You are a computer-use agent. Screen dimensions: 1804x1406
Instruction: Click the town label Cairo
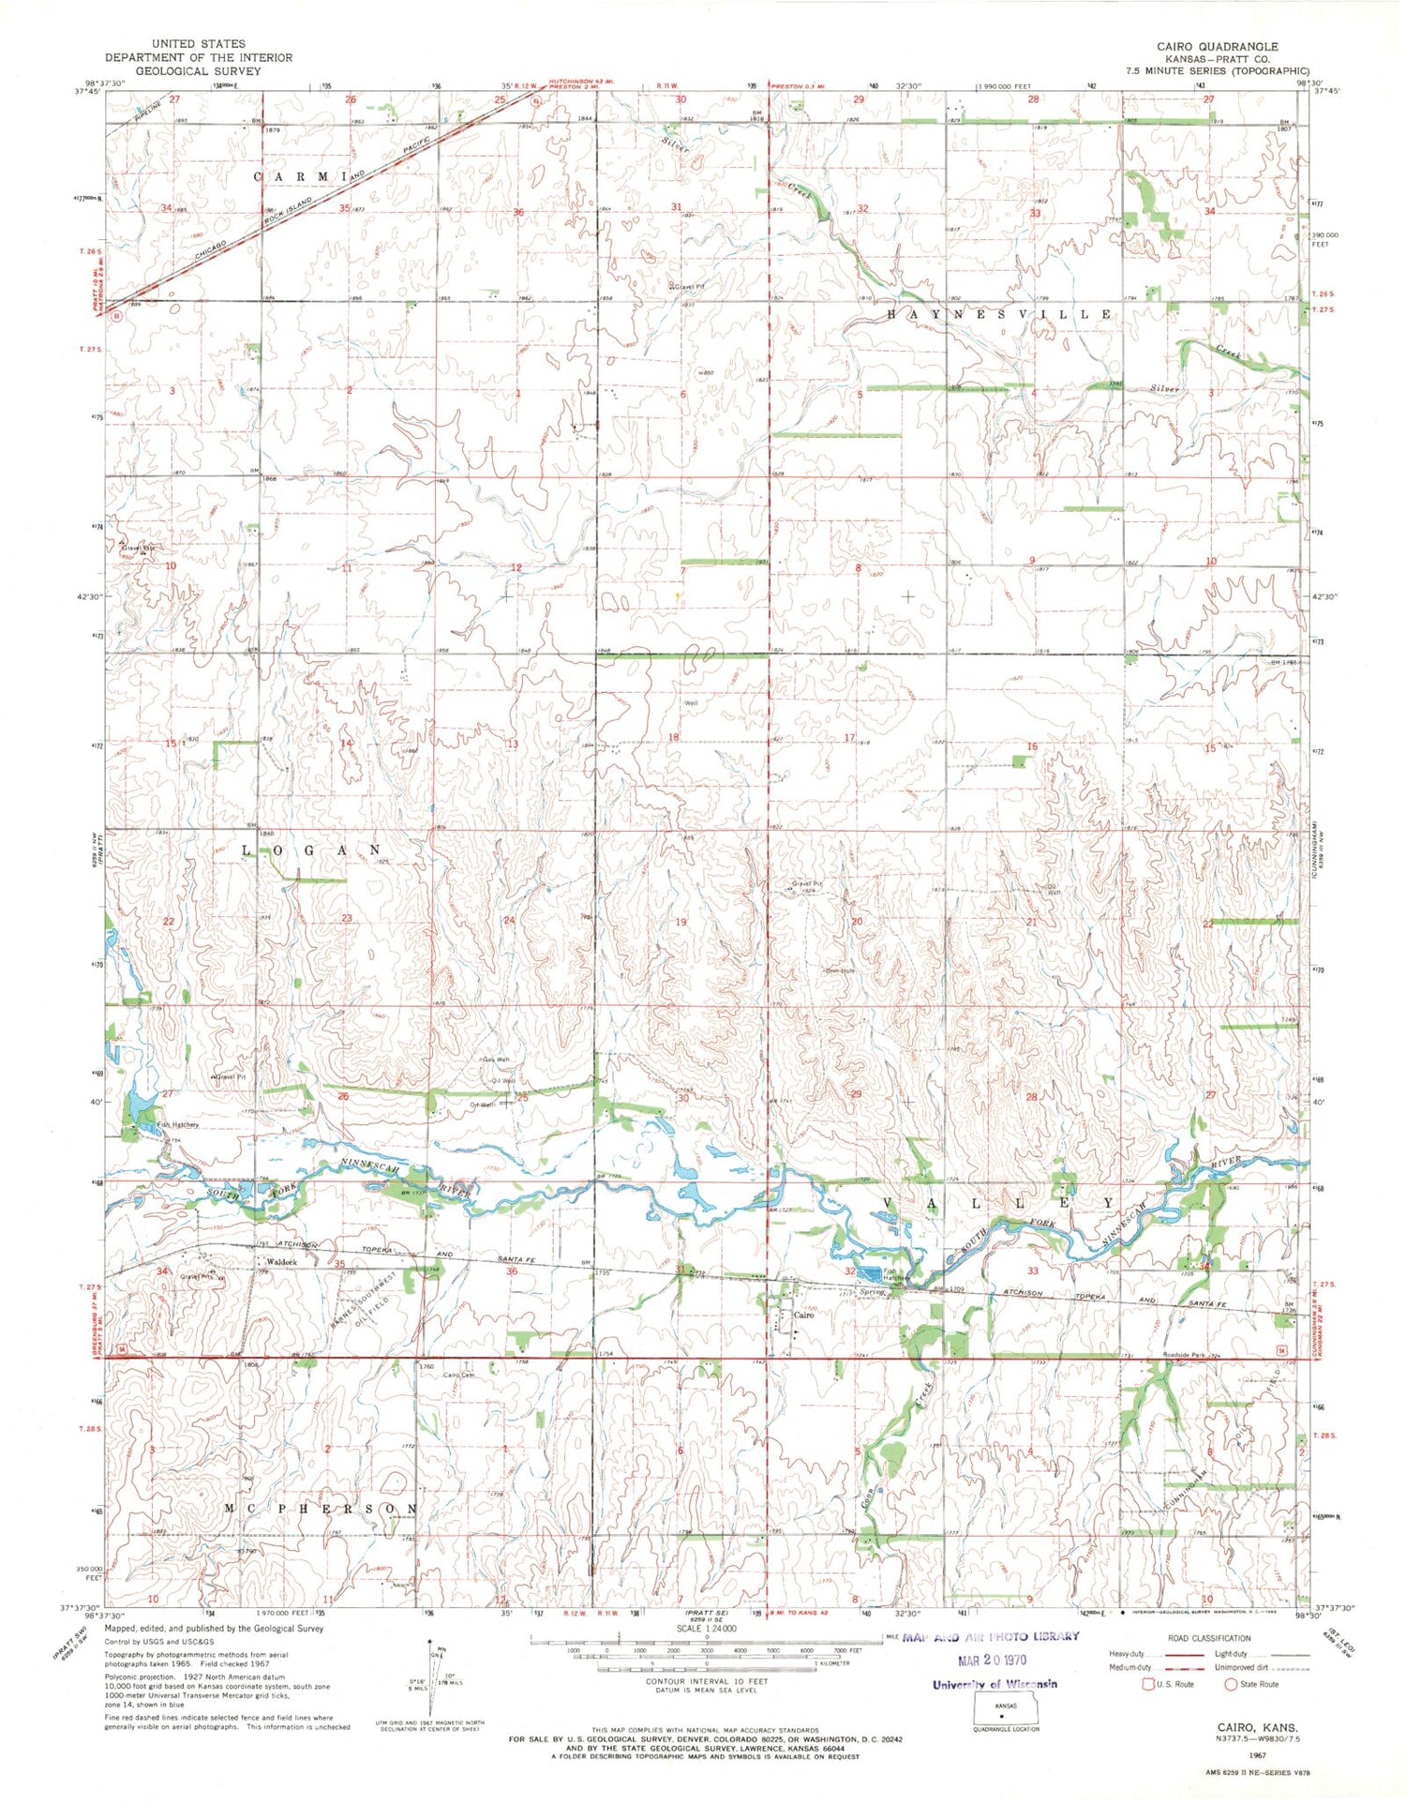[803, 1315]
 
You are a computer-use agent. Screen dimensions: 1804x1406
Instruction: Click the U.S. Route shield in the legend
[1147, 1684]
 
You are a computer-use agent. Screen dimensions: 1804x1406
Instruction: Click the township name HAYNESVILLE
[999, 315]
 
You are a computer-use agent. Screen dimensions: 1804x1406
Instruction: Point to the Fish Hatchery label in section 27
[178, 1124]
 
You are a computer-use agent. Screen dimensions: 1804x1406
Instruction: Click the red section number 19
[681, 922]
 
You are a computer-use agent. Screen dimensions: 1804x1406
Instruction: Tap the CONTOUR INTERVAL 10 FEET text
[702, 1681]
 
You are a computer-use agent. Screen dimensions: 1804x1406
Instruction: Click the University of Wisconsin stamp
[995, 1684]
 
